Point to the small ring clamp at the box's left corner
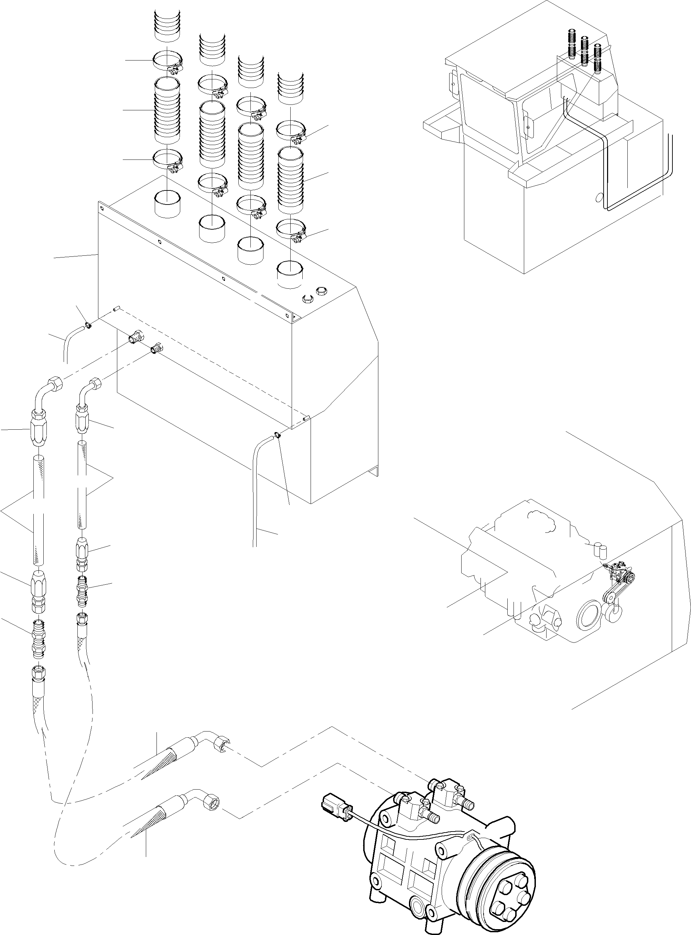88,325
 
